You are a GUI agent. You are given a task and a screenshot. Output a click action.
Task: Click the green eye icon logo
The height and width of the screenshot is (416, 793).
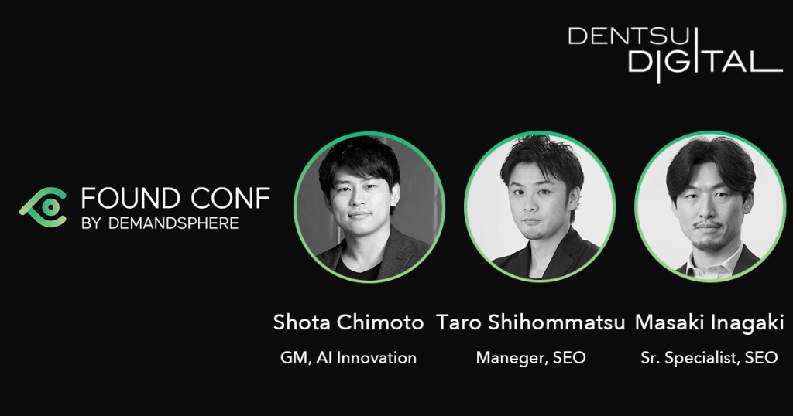[43, 207]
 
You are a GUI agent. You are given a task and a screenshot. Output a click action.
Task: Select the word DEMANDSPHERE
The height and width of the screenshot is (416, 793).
[173, 223]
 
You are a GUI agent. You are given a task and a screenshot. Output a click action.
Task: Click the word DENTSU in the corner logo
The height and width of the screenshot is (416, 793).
[629, 36]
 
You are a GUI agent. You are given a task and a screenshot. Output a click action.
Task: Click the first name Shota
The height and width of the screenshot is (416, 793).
[301, 322]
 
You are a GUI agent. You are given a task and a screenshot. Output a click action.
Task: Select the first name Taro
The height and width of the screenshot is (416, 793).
[458, 322]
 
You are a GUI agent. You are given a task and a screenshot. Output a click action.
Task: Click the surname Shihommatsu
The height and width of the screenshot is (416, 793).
[556, 322]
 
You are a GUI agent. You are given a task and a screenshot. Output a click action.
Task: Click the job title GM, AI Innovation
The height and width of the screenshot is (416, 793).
[348, 358]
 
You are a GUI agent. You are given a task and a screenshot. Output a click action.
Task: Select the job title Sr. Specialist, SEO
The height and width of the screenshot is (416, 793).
[709, 358]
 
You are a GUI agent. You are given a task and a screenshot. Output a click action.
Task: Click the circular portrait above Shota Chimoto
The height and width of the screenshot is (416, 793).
[369, 207]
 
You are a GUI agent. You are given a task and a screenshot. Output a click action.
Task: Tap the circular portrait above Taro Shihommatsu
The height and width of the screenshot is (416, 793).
[540, 207]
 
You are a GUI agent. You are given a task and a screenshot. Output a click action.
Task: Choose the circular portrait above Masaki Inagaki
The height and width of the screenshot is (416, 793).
[710, 207]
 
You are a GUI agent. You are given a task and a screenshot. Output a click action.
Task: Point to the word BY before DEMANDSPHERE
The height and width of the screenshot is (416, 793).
[91, 223]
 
